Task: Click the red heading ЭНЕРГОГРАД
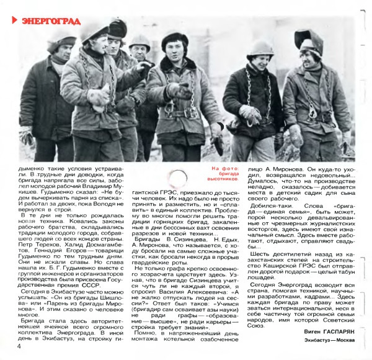pyautogui.click(x=50, y=21)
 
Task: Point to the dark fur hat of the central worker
pyautogui.click(x=176, y=40)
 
